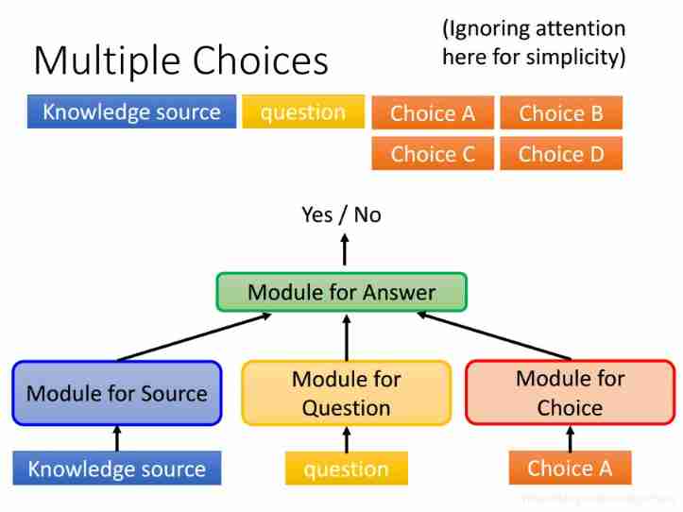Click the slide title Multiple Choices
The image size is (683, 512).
pos(180,60)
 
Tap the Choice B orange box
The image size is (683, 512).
pos(561,114)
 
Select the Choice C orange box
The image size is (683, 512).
pos(433,154)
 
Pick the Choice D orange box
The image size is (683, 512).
pos(561,154)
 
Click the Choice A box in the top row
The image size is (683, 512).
pos(433,114)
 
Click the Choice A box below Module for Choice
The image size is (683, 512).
pos(570,468)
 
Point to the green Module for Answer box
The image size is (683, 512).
pos(341,293)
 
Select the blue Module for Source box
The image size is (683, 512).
pos(117,393)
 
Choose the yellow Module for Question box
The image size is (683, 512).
pos(346,393)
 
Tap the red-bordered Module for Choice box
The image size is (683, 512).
pos(570,393)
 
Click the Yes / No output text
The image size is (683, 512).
pos(341,215)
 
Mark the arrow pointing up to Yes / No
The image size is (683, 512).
pos(344,250)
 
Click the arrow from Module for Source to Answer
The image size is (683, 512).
pos(194,337)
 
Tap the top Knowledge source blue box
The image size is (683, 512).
pos(131,112)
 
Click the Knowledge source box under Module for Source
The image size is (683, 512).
pos(116,469)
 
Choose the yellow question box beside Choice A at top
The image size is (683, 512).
pos(303,112)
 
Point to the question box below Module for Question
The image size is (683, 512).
pos(347,469)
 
